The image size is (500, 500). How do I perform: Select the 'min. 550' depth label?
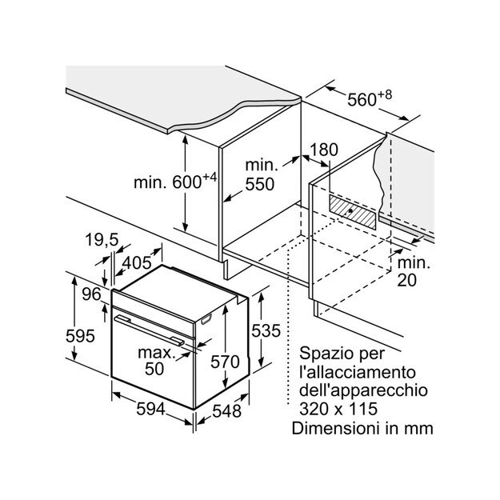260,174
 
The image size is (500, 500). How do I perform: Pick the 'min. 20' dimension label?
412,271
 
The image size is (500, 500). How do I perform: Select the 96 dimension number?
92,294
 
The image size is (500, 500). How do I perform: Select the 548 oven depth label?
226,413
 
